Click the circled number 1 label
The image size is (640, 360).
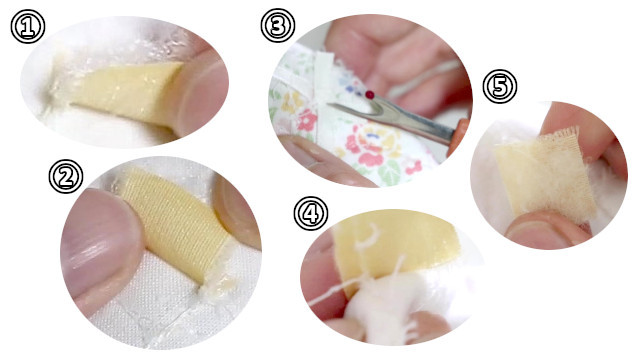coord(28,27)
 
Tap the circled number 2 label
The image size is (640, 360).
coord(66,176)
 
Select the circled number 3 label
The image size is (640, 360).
coord(278,25)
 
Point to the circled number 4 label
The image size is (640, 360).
coord(311,213)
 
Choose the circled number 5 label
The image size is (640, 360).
coord(500,87)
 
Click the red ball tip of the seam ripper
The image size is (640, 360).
coord(370,95)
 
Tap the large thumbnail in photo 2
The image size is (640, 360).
coord(101,241)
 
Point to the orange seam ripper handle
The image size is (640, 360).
coord(458,135)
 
